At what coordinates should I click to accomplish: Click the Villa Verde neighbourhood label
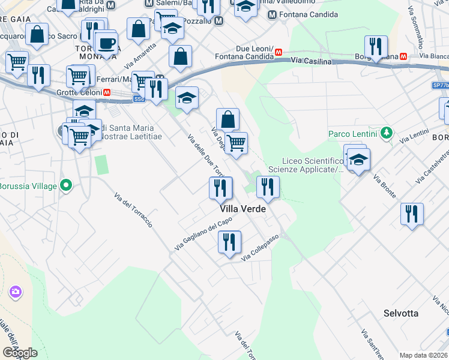click(243, 209)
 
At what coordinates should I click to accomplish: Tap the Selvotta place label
click(401, 313)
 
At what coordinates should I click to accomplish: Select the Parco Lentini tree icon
click(388, 133)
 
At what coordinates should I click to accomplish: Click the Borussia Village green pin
click(67, 185)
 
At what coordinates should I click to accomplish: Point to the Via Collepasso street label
click(261, 248)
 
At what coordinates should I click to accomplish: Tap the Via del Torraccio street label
click(133, 209)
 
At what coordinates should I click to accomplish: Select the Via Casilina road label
click(312, 61)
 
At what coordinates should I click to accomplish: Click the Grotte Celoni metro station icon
click(106, 92)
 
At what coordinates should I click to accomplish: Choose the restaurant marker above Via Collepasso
click(229, 242)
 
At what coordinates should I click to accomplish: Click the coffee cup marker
click(107, 43)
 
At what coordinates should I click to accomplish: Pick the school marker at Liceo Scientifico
click(359, 160)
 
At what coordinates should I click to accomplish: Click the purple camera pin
click(15, 292)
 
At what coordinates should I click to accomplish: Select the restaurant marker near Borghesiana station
click(376, 47)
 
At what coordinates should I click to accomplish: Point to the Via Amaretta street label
click(136, 55)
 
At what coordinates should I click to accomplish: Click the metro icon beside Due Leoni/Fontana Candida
click(279, 52)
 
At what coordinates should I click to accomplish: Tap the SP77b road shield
click(440, 86)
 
